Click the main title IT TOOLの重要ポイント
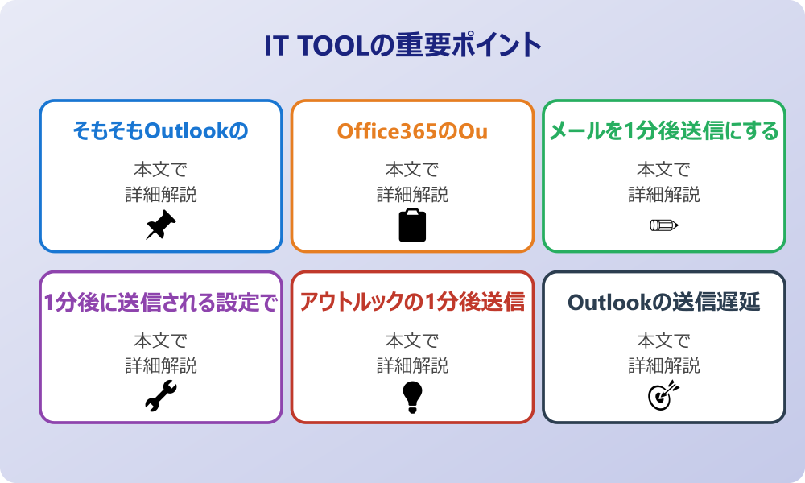(403, 45)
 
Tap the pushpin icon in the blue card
(161, 225)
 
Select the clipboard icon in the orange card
(412, 225)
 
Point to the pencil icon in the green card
(664, 225)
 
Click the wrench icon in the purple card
(161, 396)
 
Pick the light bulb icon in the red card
(412, 398)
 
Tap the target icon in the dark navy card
(663, 395)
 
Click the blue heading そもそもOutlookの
(161, 131)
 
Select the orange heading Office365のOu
(412, 131)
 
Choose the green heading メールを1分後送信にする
(664, 131)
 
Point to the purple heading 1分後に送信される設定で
(161, 303)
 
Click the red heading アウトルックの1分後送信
(412, 302)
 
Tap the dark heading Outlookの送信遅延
(664, 302)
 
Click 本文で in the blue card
(161, 169)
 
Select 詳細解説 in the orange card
(412, 195)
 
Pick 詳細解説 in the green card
(664, 195)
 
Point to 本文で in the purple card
(161, 341)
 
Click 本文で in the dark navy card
(664, 341)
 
